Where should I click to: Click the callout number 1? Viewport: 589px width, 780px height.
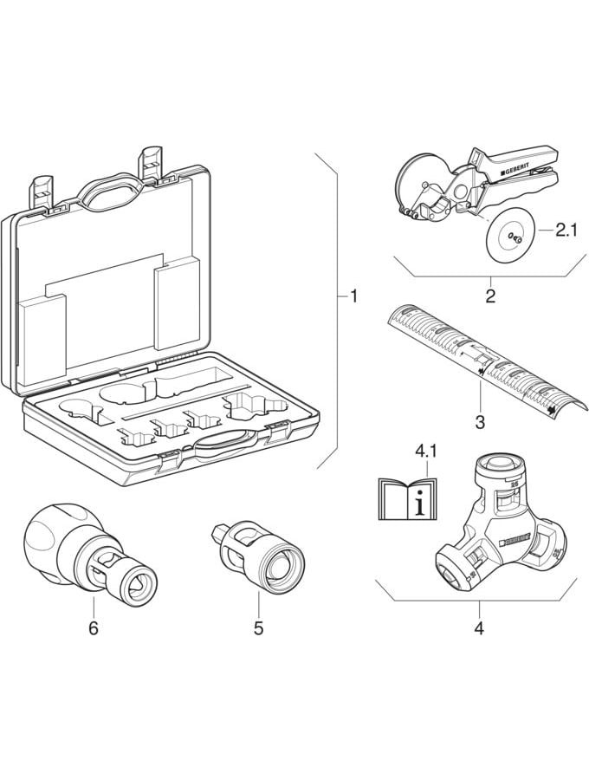353,297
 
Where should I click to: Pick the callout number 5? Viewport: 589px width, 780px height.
258,627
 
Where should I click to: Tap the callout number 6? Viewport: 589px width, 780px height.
94,627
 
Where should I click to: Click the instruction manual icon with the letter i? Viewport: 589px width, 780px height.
409,496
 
